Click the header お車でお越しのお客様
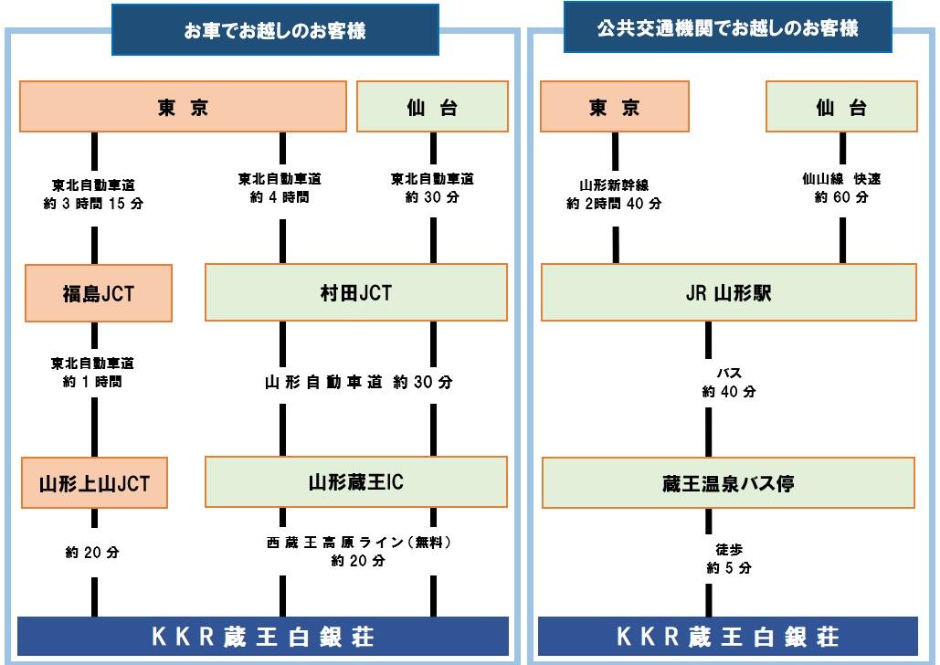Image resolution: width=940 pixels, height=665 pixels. coord(274,31)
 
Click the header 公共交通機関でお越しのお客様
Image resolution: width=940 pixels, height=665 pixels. coord(727,28)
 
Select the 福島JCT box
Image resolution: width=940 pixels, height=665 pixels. coord(98,293)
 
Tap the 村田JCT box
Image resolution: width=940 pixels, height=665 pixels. coord(356,293)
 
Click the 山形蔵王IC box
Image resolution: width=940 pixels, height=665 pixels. coord(356,482)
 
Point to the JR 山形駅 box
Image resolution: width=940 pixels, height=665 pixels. coord(728,293)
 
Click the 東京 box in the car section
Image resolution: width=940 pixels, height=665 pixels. coord(184,107)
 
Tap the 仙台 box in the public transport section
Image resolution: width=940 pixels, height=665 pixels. coord(841,107)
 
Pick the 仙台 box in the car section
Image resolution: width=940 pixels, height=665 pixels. coord(431,107)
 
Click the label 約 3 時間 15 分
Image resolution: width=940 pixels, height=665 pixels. coord(93,203)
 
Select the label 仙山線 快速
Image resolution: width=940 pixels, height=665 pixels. coord(841,180)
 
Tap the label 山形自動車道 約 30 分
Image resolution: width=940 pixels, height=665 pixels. coord(358,383)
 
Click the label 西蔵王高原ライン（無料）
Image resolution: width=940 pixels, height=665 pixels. coord(358,543)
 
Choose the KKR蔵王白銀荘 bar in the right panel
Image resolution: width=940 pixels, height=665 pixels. coord(728,636)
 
